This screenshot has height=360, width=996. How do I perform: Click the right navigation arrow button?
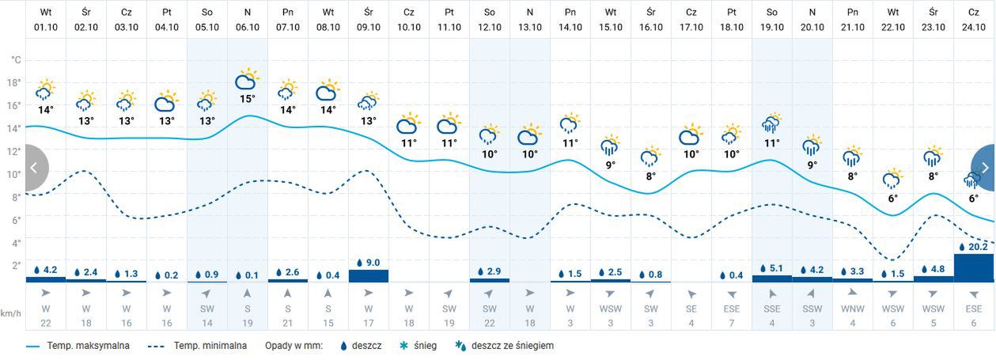(x=984, y=168)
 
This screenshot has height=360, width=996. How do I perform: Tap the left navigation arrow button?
(x=35, y=168)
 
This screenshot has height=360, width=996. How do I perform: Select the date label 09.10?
(x=368, y=27)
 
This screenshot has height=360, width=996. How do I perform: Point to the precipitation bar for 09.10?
(x=369, y=275)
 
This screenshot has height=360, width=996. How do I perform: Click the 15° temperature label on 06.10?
(x=248, y=99)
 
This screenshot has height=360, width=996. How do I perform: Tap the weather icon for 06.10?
(x=248, y=80)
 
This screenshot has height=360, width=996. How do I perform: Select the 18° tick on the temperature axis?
(x=13, y=82)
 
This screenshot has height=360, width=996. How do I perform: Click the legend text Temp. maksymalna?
(x=89, y=346)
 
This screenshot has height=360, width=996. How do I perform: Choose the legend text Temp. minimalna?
(x=210, y=346)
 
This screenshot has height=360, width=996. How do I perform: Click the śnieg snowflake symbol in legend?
(x=403, y=346)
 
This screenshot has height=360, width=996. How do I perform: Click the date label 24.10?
(x=973, y=27)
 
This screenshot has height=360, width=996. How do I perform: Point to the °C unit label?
(x=16, y=60)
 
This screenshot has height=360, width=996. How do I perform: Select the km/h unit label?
(x=10, y=313)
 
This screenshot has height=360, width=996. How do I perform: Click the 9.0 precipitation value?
(x=373, y=263)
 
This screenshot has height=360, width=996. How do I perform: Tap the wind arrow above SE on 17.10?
(x=691, y=294)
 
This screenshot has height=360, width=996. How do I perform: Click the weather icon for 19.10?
(x=771, y=124)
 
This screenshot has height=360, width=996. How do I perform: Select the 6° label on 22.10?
(x=892, y=199)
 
